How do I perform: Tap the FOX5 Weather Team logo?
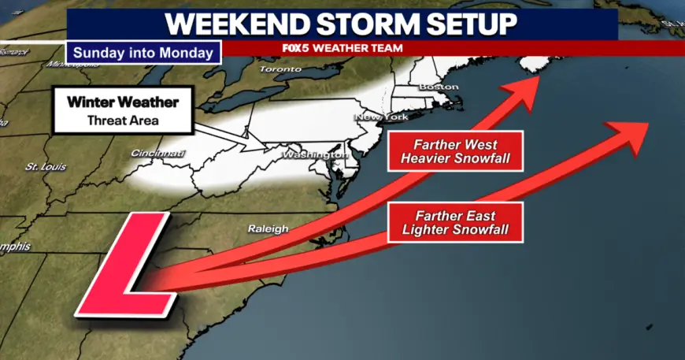click(342, 48)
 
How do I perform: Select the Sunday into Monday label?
click(143, 53)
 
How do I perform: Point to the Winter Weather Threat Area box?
click(122, 111)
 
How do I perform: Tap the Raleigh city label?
click(268, 228)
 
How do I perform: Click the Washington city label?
click(314, 155)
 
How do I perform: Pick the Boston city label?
click(439, 86)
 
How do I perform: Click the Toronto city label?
click(282, 69)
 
